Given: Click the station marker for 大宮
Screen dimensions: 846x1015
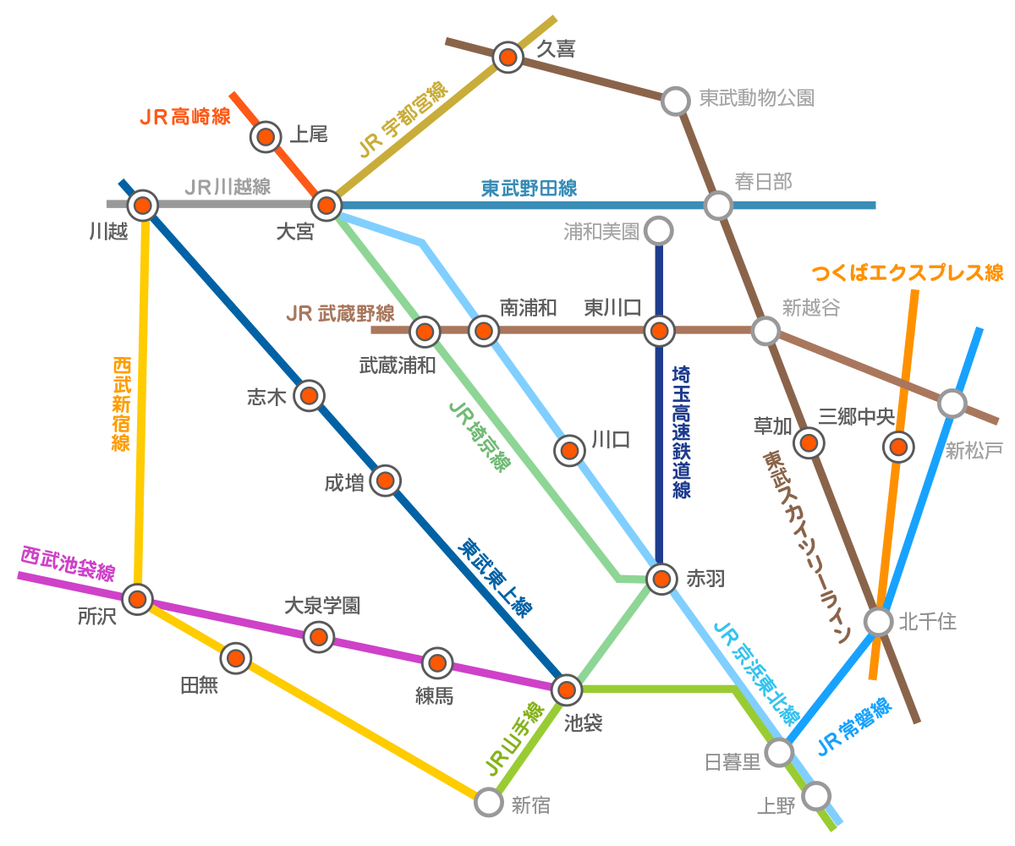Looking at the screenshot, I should pyautogui.click(x=326, y=205).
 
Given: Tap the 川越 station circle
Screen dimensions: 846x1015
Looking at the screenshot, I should pyautogui.click(x=143, y=205).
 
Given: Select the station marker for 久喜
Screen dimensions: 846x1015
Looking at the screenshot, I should pyautogui.click(x=507, y=57).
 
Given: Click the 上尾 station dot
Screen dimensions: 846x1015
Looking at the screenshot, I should pyautogui.click(x=266, y=135).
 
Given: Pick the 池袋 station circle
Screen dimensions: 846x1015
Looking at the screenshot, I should pyautogui.click(x=567, y=689).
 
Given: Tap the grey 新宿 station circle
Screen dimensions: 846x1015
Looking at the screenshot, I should pyautogui.click(x=489, y=801).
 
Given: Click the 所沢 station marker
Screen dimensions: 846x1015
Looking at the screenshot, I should pyautogui.click(x=137, y=599).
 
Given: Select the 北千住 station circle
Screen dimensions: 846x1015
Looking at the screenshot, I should pyautogui.click(x=879, y=622).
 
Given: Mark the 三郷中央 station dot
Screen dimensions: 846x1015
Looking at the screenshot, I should pyautogui.click(x=898, y=446).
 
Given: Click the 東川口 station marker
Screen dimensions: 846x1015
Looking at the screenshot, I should pyautogui.click(x=660, y=331).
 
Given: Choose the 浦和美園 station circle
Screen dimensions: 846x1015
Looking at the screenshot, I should pyautogui.click(x=658, y=230).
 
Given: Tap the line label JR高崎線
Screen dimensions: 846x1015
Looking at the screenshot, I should pyautogui.click(x=185, y=117).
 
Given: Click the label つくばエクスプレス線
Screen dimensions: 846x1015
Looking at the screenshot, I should pyautogui.click(x=908, y=272).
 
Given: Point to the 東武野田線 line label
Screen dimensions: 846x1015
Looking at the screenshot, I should pyautogui.click(x=529, y=188).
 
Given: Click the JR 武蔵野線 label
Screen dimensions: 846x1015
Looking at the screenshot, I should pyautogui.click(x=340, y=314).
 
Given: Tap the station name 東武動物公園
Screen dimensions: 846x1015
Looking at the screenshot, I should pyautogui.click(x=756, y=98).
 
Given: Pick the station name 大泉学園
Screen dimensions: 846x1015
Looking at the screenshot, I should pyautogui.click(x=321, y=606).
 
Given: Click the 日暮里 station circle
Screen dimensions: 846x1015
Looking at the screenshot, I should pyautogui.click(x=779, y=750).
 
